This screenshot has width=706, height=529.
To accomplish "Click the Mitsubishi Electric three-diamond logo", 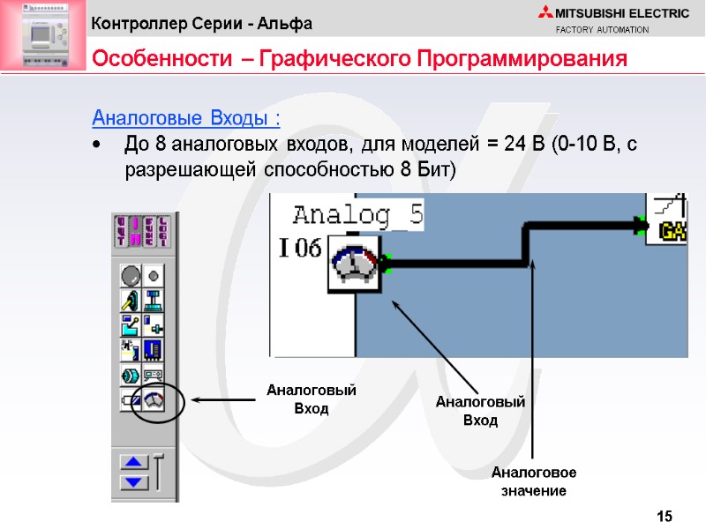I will pos(543,12).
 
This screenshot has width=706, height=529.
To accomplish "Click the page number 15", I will pos(665,516).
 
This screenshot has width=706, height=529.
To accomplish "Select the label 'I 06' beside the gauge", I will pos(300,250).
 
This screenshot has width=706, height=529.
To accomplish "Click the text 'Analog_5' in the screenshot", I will pos(357,214).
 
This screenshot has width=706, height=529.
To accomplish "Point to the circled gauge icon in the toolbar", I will pos(154,400).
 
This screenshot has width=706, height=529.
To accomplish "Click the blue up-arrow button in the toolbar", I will pos(134,462).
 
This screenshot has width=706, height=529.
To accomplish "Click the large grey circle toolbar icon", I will pos(131,276).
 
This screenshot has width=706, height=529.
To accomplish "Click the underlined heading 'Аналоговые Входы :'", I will pos(186,118).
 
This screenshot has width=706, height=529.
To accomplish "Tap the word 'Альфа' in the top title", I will pos(285,22).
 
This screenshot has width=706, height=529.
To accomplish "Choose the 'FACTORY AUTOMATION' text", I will pos(602,30).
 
